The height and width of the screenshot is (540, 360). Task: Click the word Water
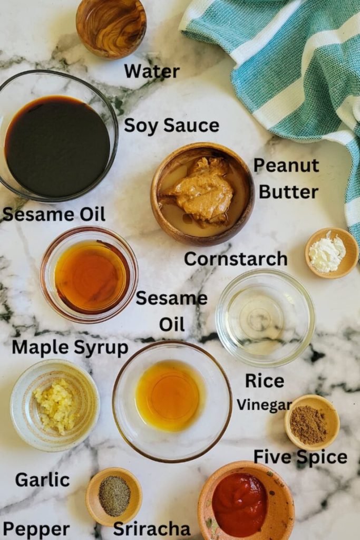(152, 71)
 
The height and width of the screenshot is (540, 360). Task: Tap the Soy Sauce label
(171, 126)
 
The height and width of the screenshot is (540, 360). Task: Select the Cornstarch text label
(236, 259)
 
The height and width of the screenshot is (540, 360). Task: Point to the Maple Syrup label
(70, 348)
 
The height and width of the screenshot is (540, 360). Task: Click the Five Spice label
(300, 457)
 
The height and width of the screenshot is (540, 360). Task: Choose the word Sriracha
(152, 529)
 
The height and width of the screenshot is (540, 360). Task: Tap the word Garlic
(42, 479)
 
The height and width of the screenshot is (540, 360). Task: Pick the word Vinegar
(264, 404)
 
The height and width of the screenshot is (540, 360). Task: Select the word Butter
(288, 192)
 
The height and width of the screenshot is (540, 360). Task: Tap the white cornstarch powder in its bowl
(327, 253)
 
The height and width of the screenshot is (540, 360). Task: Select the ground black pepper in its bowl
(114, 496)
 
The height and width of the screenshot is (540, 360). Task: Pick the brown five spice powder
(308, 424)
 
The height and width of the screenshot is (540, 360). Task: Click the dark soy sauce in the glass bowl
(57, 146)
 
